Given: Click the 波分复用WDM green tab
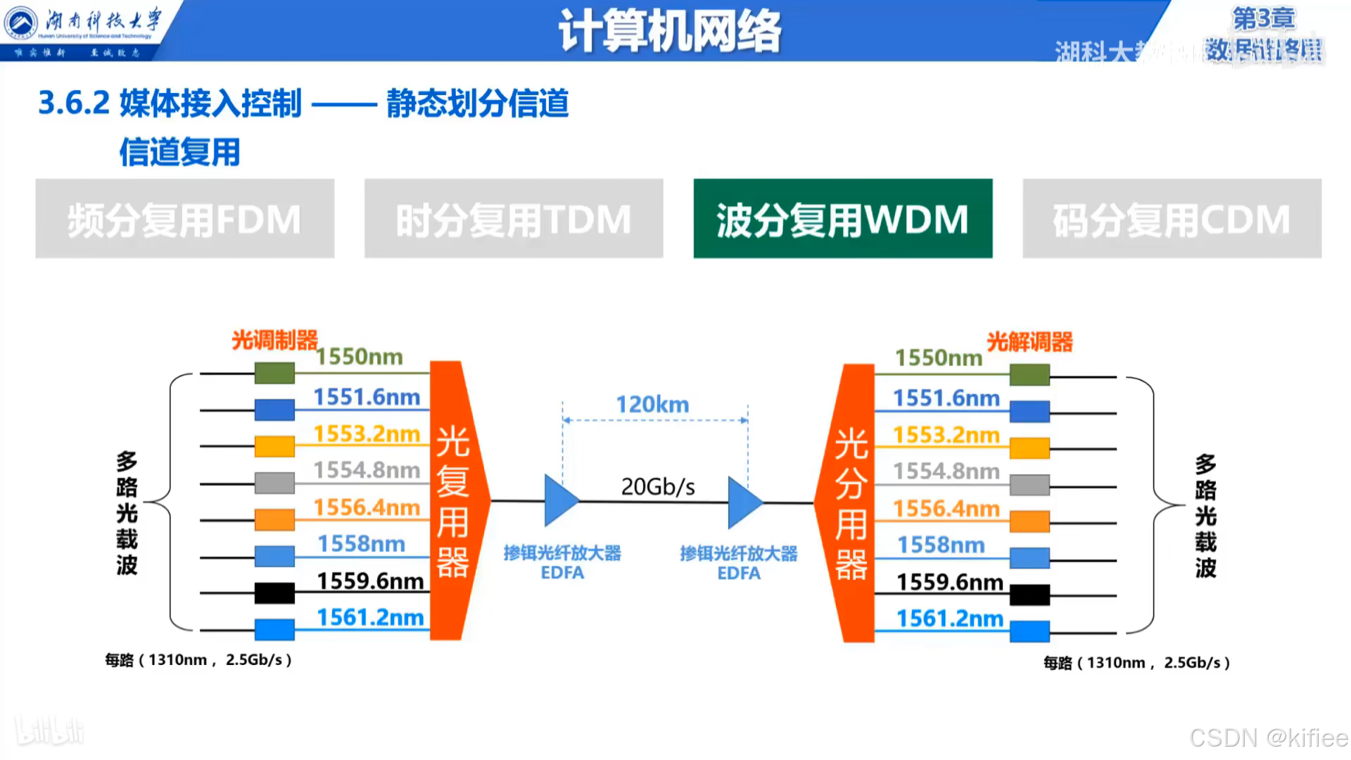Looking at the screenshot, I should [x=842, y=219].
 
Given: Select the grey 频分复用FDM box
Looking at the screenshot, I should [x=184, y=219].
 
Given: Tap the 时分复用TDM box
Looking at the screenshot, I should [x=514, y=219].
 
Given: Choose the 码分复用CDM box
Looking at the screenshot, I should [x=1172, y=219].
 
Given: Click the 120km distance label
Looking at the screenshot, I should [x=652, y=405].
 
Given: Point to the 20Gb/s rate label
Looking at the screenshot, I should [x=658, y=486].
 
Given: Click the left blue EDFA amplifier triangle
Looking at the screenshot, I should [x=560, y=501].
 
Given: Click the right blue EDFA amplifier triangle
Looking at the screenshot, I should [x=744, y=502].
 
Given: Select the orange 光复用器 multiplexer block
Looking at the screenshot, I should [x=454, y=500].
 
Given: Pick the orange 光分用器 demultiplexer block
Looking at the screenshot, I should [x=849, y=503].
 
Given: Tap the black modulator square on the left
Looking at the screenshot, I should [x=274, y=593].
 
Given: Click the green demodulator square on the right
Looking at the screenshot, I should [x=1029, y=374].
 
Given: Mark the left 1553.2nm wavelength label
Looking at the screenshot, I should [x=367, y=434].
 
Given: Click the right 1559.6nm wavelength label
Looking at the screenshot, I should [x=949, y=583].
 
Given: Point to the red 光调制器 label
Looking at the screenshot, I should [x=274, y=341].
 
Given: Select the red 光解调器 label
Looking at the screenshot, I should [x=1029, y=343].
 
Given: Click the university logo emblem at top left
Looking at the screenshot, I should [x=21, y=23].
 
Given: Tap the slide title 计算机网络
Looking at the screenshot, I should [x=670, y=31].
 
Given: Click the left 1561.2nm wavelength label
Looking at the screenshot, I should [x=370, y=618].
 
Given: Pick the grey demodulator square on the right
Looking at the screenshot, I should [x=1029, y=485].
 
